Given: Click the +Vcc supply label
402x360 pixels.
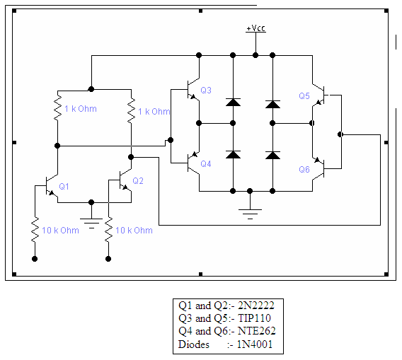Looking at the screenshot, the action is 255,28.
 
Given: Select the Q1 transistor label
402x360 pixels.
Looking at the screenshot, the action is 64,186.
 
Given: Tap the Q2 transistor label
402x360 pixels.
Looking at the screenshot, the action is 138,180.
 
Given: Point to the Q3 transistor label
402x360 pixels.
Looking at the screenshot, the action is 206,91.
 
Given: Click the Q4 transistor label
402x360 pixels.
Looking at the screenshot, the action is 206,163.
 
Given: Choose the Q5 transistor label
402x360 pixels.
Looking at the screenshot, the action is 304,95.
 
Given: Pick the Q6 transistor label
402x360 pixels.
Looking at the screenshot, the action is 304,169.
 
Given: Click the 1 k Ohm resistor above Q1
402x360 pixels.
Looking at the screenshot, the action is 58,108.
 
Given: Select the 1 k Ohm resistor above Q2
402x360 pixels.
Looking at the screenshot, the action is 131,111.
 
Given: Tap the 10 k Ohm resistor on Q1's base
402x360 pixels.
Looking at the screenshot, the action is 35,230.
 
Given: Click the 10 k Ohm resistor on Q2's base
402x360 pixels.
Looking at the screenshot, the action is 109,230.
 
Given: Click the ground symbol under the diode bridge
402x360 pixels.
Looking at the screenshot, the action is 250,214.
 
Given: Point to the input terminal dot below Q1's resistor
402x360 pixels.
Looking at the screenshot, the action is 35,259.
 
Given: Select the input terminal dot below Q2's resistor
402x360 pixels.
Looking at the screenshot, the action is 108,259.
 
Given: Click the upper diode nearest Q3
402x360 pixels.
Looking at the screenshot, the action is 233,102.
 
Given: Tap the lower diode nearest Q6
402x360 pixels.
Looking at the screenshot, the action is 272,155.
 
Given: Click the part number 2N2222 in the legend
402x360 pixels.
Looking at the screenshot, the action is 256,306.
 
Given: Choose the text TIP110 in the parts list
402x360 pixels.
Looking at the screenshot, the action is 254,318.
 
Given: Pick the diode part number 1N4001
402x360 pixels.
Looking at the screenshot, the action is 255,344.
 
